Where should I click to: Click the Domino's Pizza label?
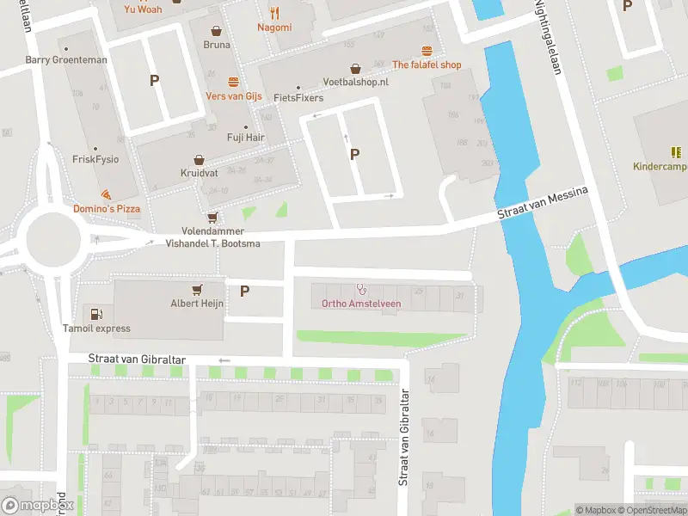click(107, 209)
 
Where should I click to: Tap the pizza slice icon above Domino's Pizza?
click(105, 195)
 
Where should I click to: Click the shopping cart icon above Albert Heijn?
click(198, 290)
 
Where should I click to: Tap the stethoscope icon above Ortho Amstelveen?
click(361, 290)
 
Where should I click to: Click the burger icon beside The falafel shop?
click(427, 52)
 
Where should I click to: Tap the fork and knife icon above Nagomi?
click(274, 13)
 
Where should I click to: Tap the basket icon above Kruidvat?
click(199, 160)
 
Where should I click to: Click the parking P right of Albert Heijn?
click(244, 291)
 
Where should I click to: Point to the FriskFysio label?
click(95, 159)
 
